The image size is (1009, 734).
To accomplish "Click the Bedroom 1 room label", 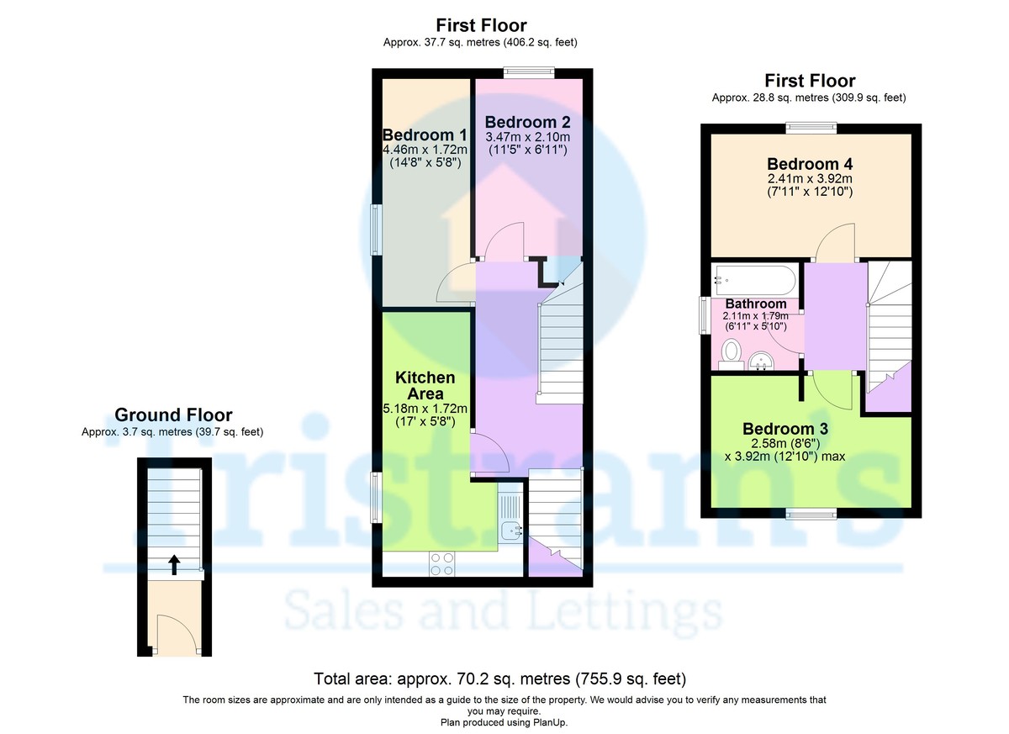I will [x=425, y=135].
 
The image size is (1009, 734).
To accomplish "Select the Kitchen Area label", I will [x=425, y=386].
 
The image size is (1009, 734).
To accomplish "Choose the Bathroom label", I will [x=756, y=304].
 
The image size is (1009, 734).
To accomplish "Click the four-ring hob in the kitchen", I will [x=442, y=563].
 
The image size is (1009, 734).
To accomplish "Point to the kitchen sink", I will [x=511, y=531].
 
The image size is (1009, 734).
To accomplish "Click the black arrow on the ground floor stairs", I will [x=173, y=563].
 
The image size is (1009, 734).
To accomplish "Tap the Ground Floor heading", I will [x=173, y=415].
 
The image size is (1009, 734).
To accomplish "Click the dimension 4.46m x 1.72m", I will [x=425, y=150].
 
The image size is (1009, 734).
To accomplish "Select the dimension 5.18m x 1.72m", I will [x=425, y=409].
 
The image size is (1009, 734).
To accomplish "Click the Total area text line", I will [x=500, y=679].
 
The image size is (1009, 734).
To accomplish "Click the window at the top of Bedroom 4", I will [x=811, y=127].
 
